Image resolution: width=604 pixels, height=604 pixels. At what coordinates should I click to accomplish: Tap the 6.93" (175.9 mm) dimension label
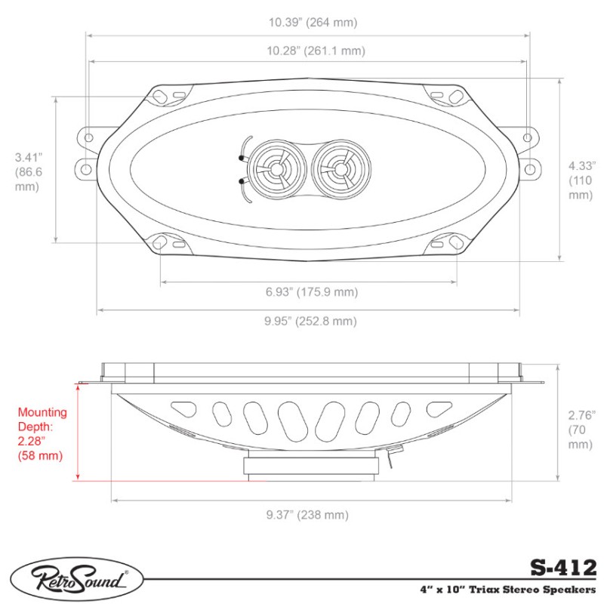click(311, 292)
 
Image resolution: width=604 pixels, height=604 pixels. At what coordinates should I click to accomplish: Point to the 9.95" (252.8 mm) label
click(310, 321)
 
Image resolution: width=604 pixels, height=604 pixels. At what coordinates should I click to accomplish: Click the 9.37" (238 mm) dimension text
click(307, 515)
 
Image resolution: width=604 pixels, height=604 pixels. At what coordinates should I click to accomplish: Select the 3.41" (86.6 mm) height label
click(28, 172)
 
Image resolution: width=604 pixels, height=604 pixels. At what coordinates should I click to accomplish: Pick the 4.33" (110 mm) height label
click(581, 180)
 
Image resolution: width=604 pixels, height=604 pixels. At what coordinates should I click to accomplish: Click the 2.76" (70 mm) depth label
click(581, 430)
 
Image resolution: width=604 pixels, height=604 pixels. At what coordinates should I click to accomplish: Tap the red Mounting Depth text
click(42, 434)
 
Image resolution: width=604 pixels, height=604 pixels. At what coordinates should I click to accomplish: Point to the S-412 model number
click(562, 566)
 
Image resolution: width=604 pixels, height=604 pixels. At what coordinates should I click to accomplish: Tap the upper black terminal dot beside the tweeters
click(241, 159)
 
